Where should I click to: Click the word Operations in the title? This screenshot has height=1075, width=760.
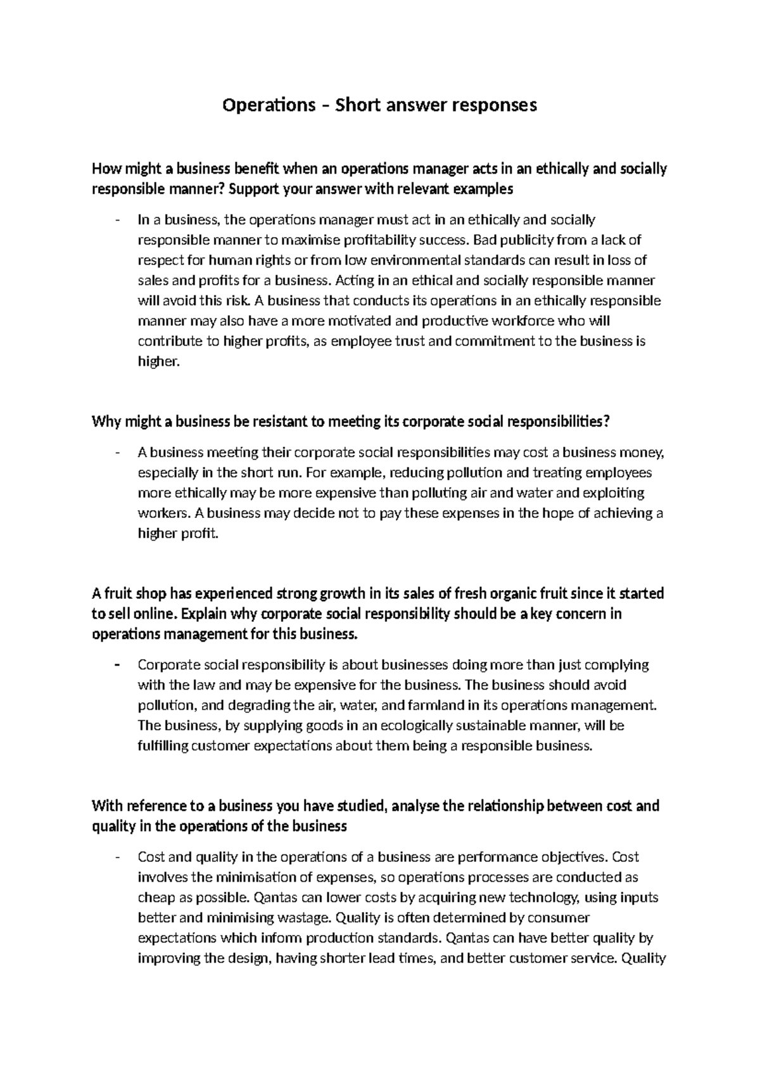click(265, 105)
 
